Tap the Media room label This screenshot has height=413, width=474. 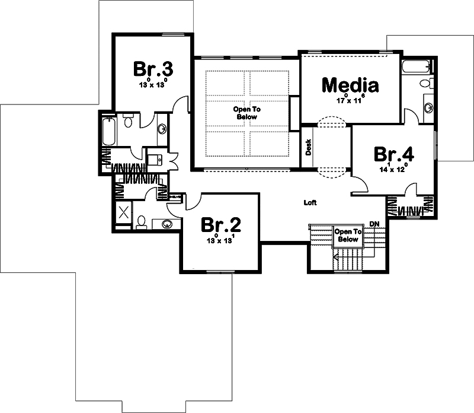click(350, 85)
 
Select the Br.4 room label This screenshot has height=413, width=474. click(393, 154)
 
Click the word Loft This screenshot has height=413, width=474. click(310, 202)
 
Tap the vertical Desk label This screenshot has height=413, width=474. click(308, 147)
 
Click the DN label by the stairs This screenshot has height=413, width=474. click(374, 223)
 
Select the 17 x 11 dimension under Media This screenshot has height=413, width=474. click(350, 100)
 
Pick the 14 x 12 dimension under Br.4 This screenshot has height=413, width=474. click(393, 169)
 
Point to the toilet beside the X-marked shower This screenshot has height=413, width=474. click(142, 223)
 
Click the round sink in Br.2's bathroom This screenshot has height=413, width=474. click(168, 224)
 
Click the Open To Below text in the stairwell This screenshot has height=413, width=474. click(348, 235)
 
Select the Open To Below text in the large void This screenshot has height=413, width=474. click(246, 113)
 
